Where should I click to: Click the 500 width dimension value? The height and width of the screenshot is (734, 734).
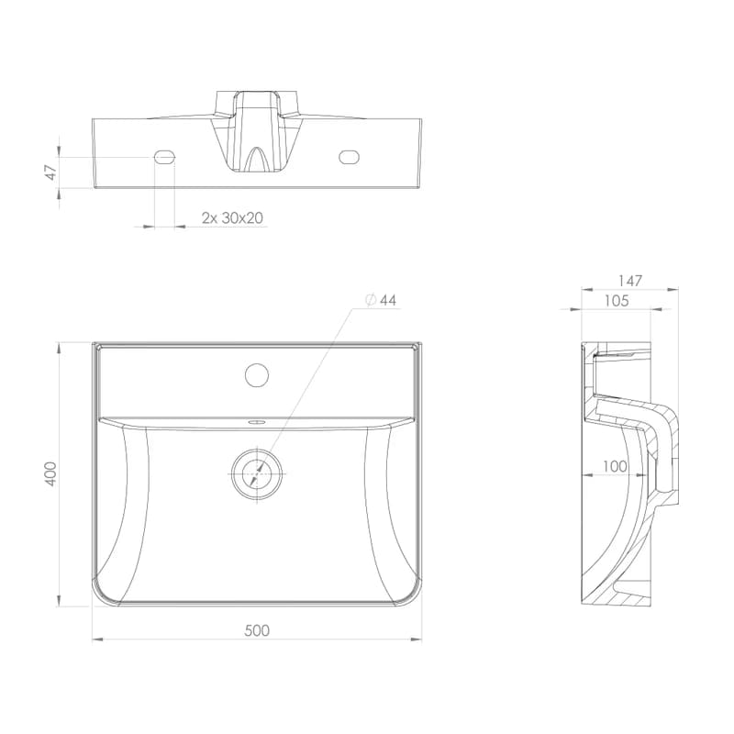pyautogui.click(x=257, y=630)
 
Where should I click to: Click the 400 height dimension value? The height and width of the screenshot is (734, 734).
pyautogui.click(x=50, y=473)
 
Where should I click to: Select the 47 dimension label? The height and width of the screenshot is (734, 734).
pyautogui.click(x=50, y=172)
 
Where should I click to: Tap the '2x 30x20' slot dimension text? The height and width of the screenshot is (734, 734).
pyautogui.click(x=232, y=217)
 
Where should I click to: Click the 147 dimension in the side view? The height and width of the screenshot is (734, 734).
pyautogui.click(x=629, y=281)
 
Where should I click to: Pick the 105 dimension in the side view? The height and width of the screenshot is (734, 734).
pyautogui.click(x=617, y=301)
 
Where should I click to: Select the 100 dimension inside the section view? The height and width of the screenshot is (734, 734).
pyautogui.click(x=615, y=466)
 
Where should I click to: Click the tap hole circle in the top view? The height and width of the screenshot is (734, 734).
pyautogui.click(x=257, y=374)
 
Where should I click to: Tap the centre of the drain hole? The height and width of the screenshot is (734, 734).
pyautogui.click(x=258, y=473)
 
